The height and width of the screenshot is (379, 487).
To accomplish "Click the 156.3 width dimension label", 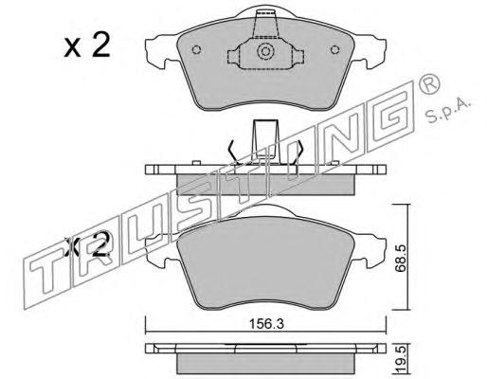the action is pos(266,324).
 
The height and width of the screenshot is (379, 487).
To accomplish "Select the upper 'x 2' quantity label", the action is pos(87,45).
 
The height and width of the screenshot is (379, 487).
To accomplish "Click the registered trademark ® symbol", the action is pos(428,83).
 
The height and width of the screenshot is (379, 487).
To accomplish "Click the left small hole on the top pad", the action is pos(197,49).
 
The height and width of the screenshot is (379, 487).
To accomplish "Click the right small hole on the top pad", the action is pos(334,49).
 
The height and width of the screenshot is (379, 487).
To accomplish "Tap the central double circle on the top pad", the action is pos(265,51).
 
